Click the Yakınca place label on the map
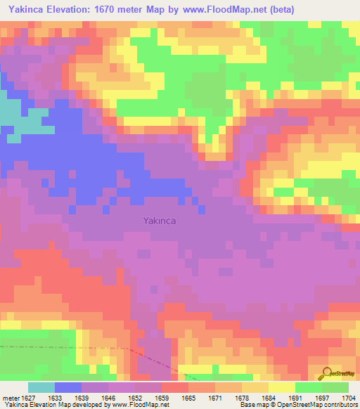point(160,220)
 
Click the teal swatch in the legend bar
point(41,387)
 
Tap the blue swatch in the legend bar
point(68,387)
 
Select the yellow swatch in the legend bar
point(282,387)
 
